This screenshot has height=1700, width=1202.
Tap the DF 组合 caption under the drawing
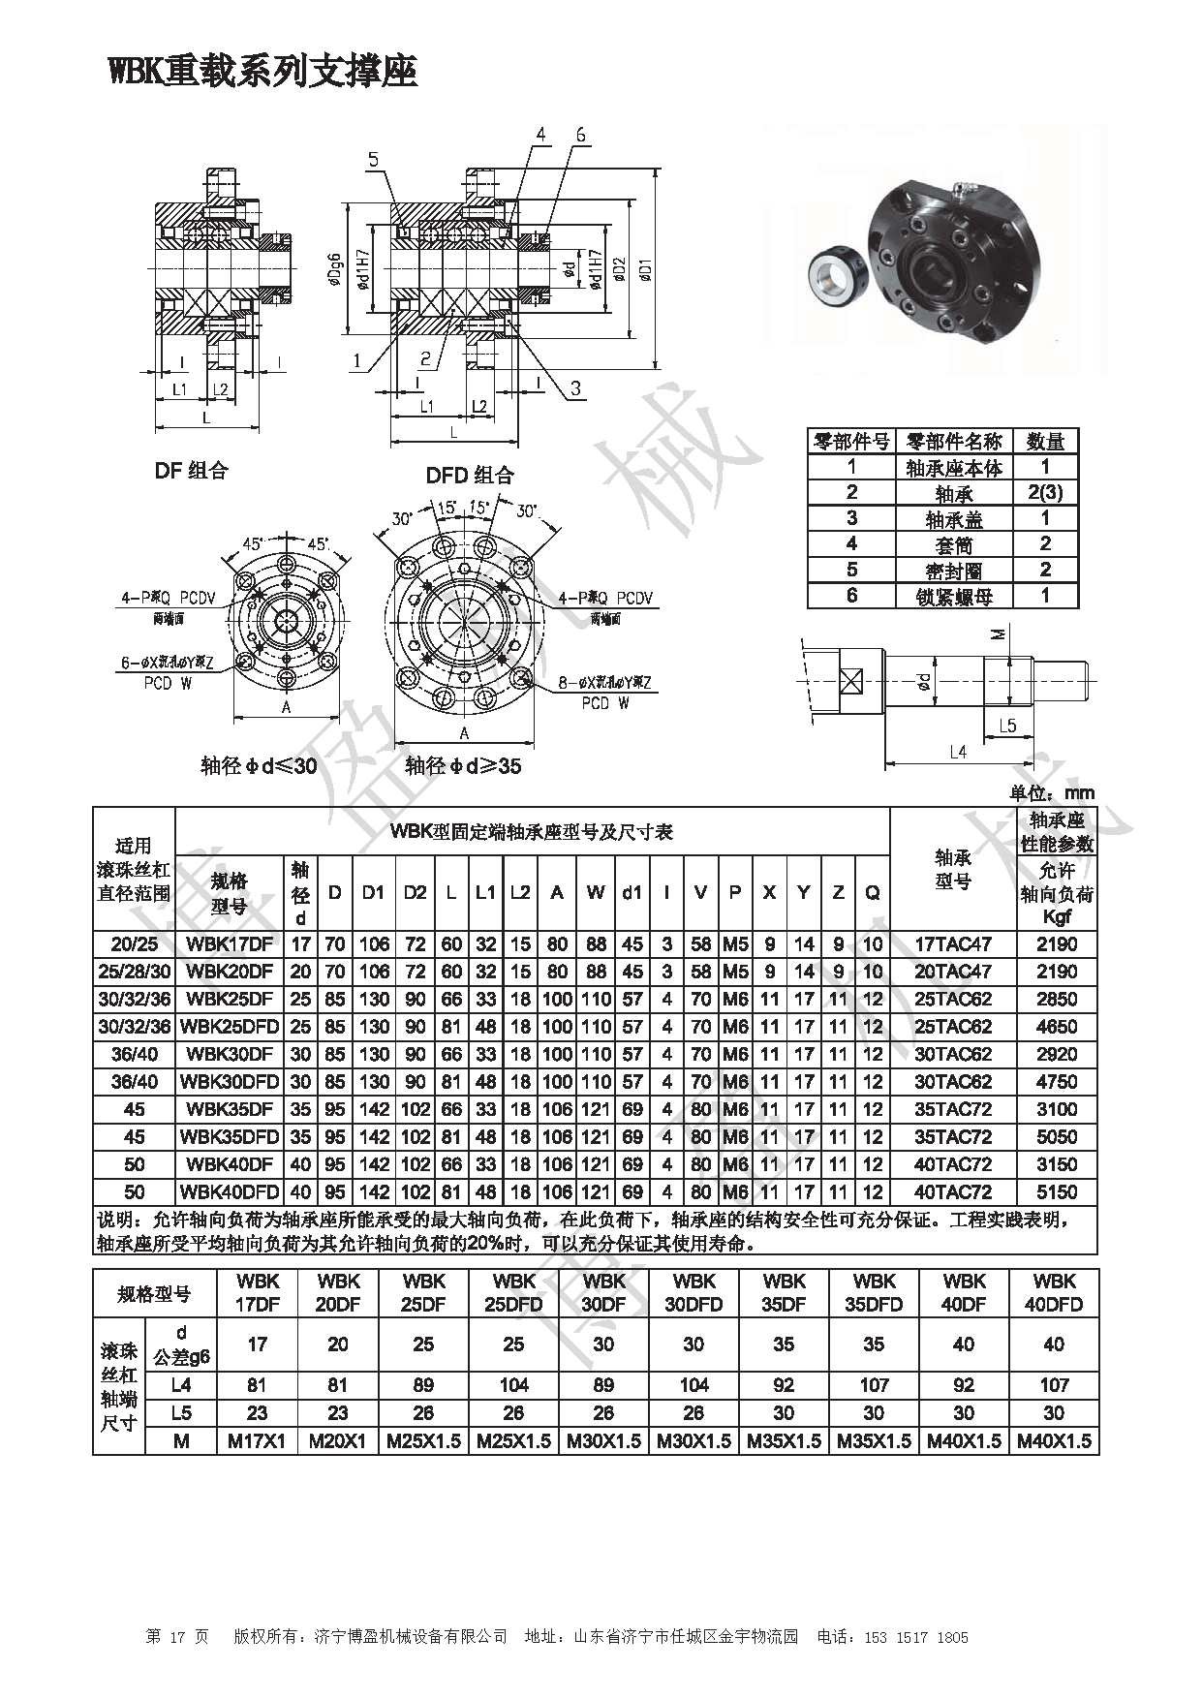click(x=191, y=471)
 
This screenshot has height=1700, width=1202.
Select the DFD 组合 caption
click(x=470, y=475)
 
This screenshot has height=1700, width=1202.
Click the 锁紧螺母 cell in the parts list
click(x=954, y=596)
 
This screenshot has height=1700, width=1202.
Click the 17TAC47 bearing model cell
click(x=953, y=943)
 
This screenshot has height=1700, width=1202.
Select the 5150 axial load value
click(x=1056, y=1191)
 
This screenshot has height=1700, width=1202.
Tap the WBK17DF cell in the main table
click(x=230, y=943)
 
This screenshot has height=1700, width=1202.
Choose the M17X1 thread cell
click(x=257, y=1441)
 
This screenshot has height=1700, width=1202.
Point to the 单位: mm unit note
click(x=1051, y=793)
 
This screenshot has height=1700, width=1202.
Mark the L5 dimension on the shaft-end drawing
click(x=1006, y=725)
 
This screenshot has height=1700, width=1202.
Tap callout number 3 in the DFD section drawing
click(x=574, y=388)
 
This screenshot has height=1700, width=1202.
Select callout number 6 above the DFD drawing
click(x=580, y=136)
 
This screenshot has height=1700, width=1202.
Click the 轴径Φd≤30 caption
click(x=259, y=766)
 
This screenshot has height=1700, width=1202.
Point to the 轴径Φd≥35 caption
click(x=463, y=766)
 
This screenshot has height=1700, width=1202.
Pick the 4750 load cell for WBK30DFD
click(x=1056, y=1081)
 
